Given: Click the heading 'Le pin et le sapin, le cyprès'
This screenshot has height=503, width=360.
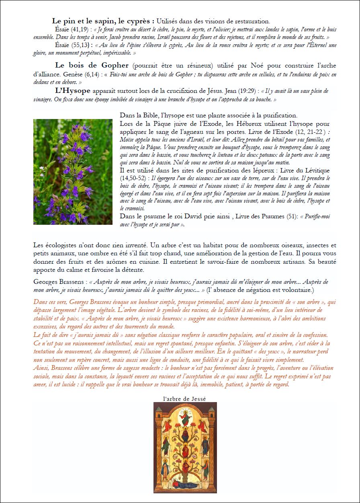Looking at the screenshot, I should (x=103, y=21).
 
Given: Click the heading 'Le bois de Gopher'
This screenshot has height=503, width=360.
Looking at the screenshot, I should (x=92, y=65).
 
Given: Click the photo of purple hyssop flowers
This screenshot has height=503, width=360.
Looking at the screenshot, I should (x=73, y=171).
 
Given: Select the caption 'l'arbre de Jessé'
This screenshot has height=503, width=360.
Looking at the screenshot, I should (x=185, y=398).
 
